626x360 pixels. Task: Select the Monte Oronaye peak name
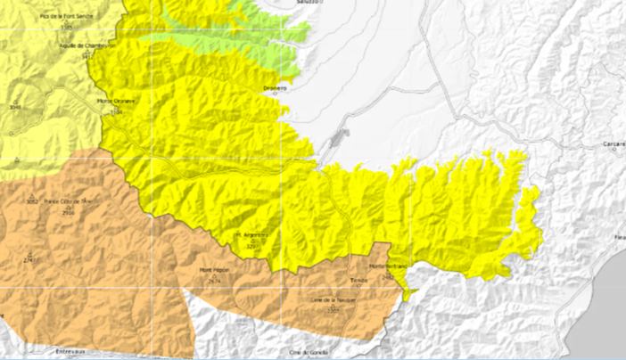[116, 102]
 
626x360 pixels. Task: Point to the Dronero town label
[276, 88]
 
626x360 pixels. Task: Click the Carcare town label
[613, 143]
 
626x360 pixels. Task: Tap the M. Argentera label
[251, 235]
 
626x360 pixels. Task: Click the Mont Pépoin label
[214, 270]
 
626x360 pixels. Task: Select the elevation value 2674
[214, 280]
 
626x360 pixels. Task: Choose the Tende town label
[359, 280]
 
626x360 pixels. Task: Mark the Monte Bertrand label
[388, 266]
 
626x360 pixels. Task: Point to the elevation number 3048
[14, 107]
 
